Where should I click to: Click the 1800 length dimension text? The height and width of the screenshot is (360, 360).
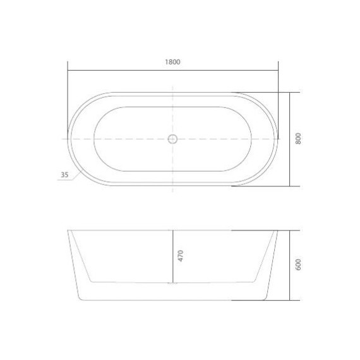[172, 62]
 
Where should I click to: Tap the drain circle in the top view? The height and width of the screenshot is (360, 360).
[172, 139]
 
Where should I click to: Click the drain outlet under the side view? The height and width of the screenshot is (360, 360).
[172, 284]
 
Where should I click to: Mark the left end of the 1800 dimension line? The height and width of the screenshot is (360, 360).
[68, 69]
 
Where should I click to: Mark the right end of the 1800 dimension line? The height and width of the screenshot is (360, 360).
[278, 69]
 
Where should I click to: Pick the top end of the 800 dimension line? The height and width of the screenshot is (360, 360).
[290, 92]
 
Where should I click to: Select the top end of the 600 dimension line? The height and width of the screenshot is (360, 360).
[290, 231]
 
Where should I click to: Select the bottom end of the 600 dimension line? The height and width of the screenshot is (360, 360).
[290, 299]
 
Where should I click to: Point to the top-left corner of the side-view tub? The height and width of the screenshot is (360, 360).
[68, 231]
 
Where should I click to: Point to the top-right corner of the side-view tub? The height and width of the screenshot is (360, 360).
[277, 231]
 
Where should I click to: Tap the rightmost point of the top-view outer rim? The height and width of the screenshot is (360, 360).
[277, 139]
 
